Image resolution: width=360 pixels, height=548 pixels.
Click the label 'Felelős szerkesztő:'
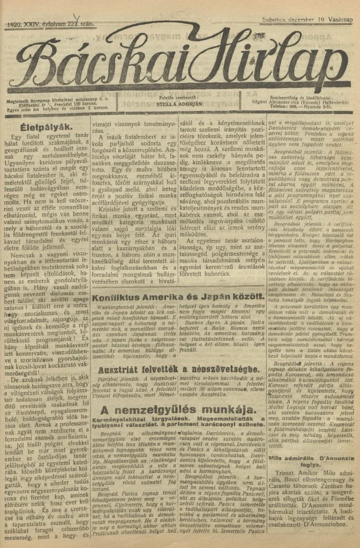(x=181, y=96)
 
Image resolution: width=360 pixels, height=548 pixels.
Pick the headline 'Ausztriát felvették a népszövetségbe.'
(x=179, y=369)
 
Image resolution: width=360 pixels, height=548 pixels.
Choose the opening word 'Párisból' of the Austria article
(x=108, y=383)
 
